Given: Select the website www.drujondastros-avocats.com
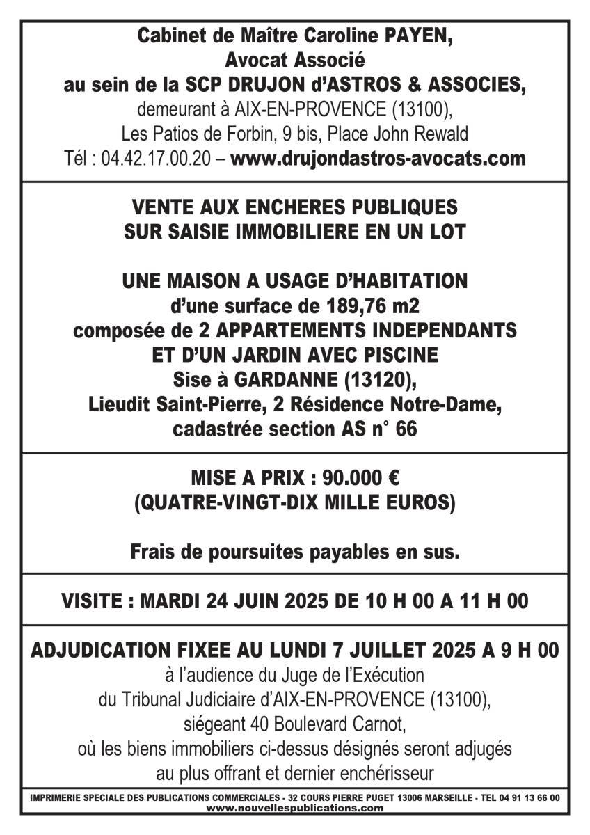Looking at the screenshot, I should [x=378, y=159].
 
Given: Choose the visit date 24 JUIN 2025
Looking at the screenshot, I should [x=274, y=601].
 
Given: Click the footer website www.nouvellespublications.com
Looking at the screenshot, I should [x=295, y=809].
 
